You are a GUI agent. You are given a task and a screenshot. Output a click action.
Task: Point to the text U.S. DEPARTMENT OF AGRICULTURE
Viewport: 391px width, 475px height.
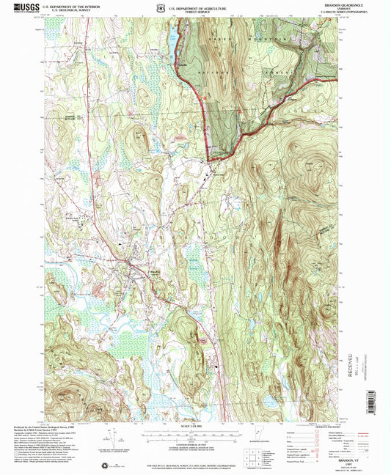[197, 6]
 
